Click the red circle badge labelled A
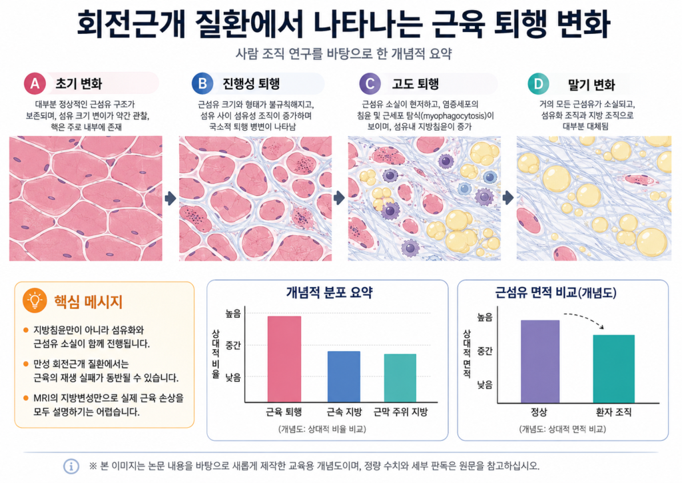tap(35, 83)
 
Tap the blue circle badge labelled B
tap(202, 83)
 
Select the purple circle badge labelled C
tap(370, 83)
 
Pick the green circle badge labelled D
tap(538, 83)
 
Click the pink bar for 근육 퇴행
tap(284, 359)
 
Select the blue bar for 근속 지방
tap(344, 376)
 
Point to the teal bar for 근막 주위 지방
tap(400, 378)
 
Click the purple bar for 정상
tap(540, 362)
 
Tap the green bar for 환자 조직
tap(613, 369)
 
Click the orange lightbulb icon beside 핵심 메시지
tap(35, 300)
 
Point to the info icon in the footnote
tap(71, 466)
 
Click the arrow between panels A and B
tap(170, 199)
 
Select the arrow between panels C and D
tap(508, 198)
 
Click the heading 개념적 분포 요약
tap(329, 292)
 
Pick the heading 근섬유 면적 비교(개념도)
tap(556, 292)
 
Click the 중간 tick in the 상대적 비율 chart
tap(233, 346)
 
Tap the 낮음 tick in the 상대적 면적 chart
tap(485, 384)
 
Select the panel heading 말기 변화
tap(591, 84)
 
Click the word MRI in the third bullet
tap(42, 398)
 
